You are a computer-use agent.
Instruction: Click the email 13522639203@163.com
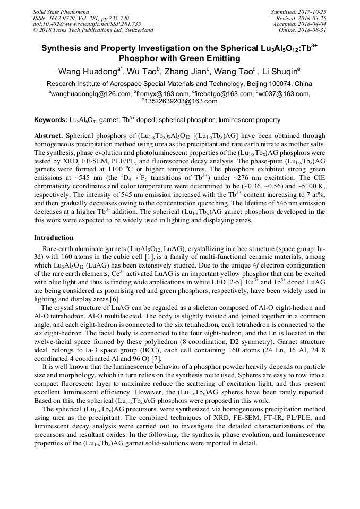pyautogui.click(x=181, y=101)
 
